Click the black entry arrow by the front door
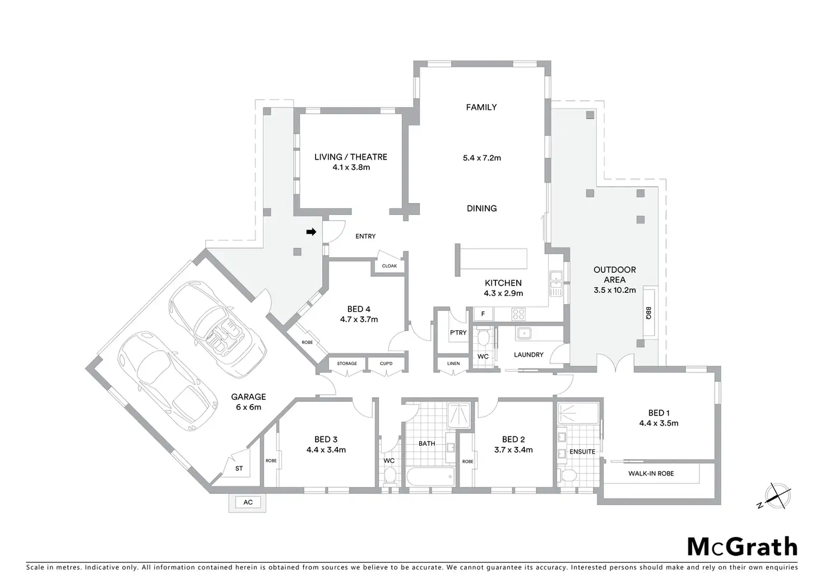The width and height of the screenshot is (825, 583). coord(311,231)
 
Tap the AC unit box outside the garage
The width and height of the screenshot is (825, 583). coord(248,502)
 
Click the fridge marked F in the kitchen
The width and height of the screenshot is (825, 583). coord(483,314)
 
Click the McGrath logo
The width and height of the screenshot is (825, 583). coord(742,547)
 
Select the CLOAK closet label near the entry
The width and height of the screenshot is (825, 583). coord(390,266)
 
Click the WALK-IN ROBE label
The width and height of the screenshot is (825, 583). coord(651,473)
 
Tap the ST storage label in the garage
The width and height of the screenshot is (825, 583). coord(239,468)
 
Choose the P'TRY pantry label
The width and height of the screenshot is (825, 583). coord(458,333)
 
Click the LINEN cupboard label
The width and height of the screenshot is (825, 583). coord(453,363)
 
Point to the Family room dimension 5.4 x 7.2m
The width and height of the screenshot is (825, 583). coord(481,158)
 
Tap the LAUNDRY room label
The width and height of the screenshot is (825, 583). coord(529,355)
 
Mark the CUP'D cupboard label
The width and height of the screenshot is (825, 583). coord(386,363)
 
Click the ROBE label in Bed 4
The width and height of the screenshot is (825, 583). coord(307,342)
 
